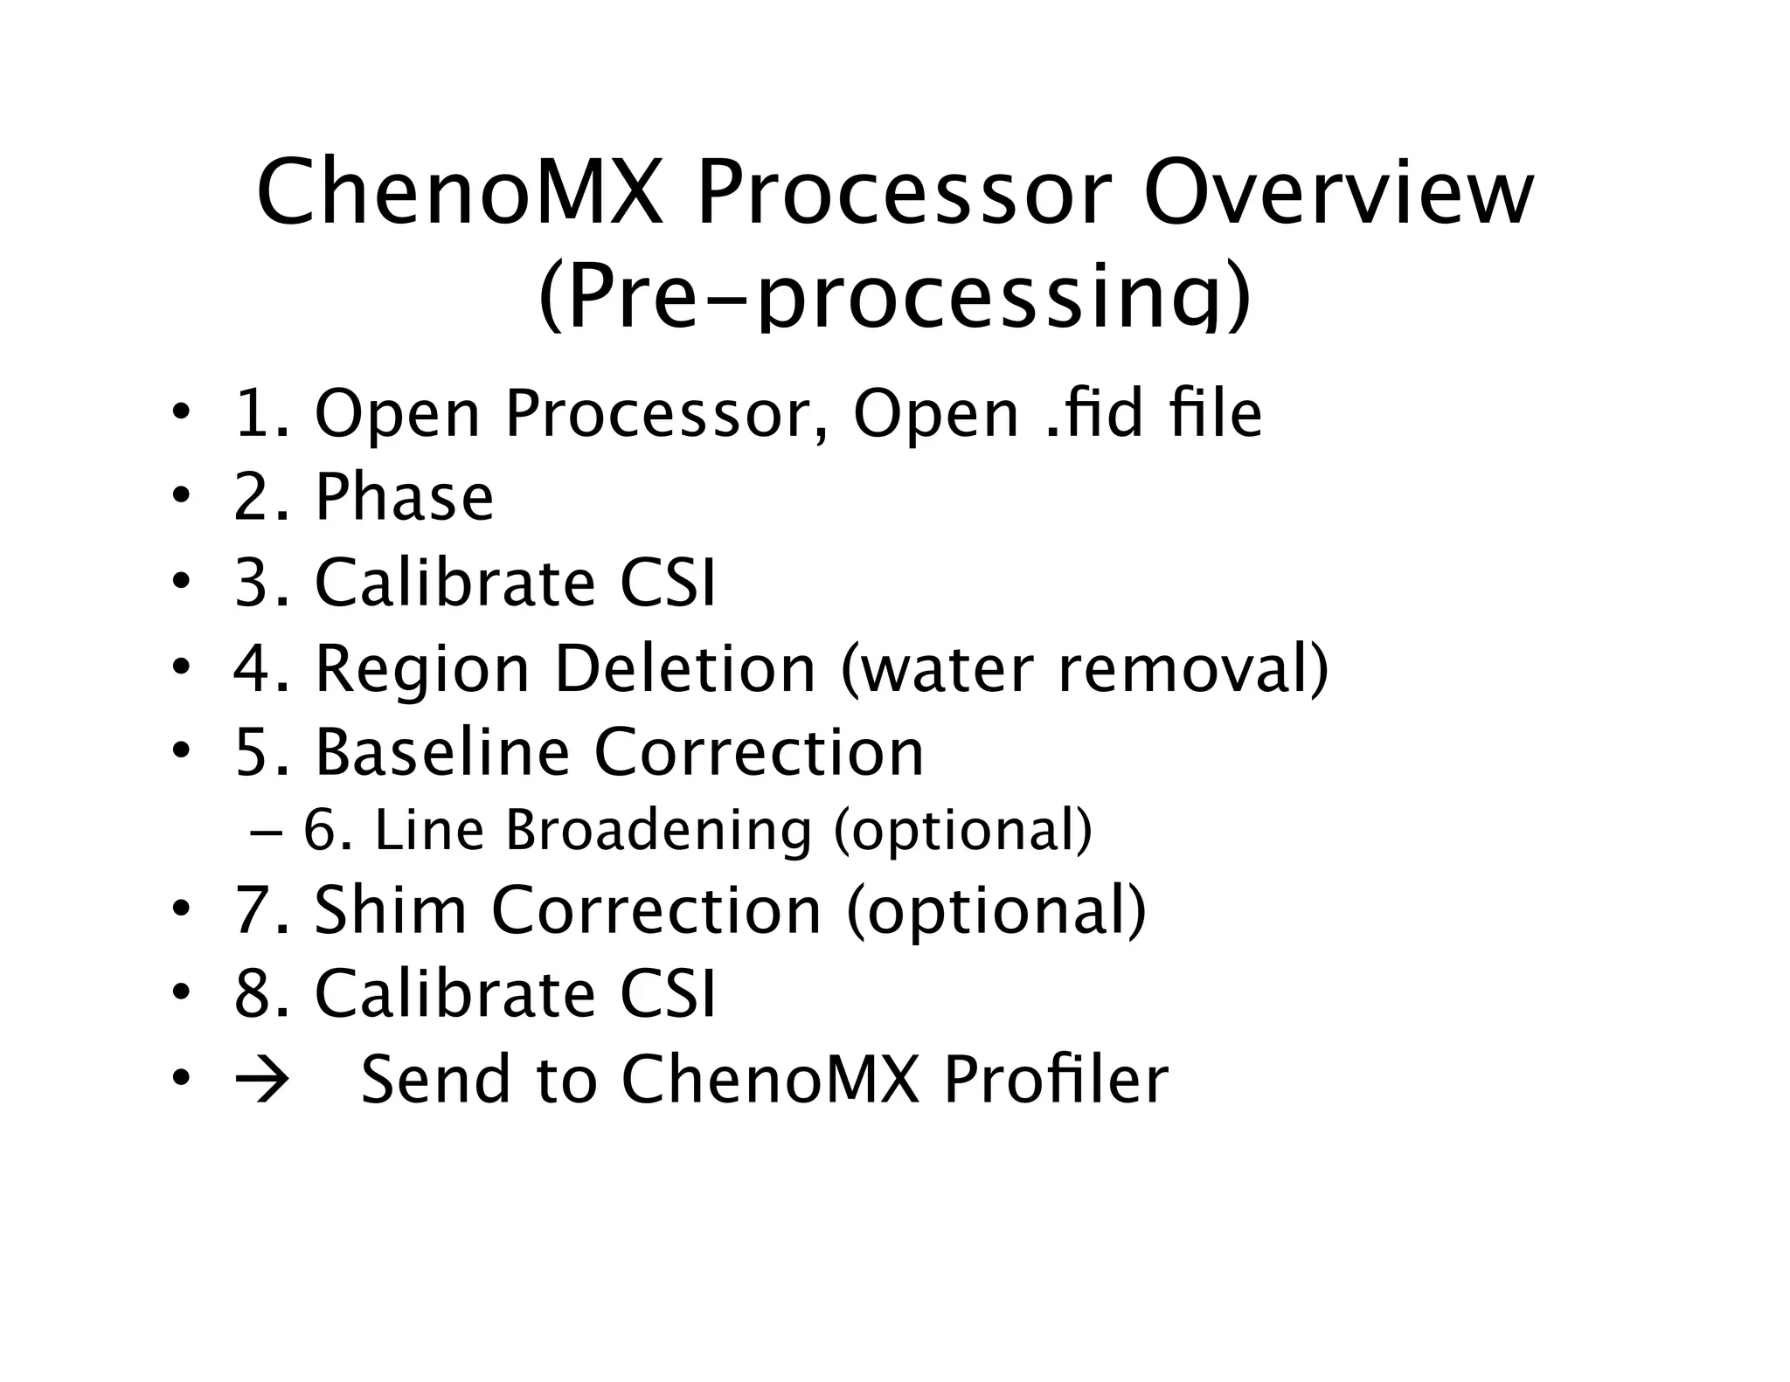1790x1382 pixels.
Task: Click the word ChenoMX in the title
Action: tap(460, 193)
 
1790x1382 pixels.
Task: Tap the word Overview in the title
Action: tap(1338, 193)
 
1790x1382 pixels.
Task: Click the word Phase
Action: tap(404, 498)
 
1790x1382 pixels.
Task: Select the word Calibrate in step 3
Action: tap(454, 583)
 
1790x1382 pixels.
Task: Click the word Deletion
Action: tap(685, 668)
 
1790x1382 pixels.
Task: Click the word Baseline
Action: tap(442, 752)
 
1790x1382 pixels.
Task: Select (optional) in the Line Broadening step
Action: tap(962, 830)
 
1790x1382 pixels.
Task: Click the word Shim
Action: tap(391, 910)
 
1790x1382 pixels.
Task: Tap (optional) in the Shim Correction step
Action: tap(996, 910)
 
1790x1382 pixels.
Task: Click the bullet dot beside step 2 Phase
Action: tap(180, 497)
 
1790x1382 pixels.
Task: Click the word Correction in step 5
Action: tap(759, 752)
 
